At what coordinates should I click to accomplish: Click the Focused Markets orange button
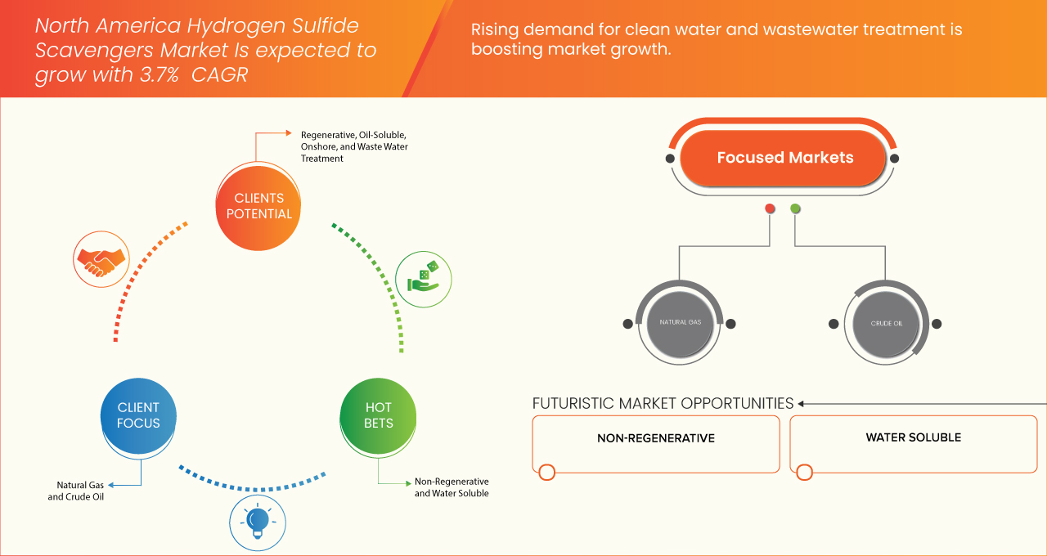pos(784,159)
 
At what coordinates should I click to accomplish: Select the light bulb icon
pos(258,520)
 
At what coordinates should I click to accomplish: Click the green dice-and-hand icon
pos(423,279)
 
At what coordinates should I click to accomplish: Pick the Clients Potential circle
pos(258,206)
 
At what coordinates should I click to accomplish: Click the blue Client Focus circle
pos(138,415)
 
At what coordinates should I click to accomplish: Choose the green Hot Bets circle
pos(378,415)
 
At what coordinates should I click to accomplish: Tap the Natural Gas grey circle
pos(680,323)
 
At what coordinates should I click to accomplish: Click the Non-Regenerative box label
pos(655,438)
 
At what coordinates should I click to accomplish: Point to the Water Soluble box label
pos(913,437)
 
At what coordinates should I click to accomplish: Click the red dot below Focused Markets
pos(770,209)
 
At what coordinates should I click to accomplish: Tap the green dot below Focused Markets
pos(795,209)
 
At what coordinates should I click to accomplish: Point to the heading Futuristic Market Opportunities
pos(663,403)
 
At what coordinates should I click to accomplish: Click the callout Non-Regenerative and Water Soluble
pos(452,487)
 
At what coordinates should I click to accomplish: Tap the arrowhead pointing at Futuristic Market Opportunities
pos(802,403)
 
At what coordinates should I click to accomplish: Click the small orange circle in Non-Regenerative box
pos(547,472)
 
